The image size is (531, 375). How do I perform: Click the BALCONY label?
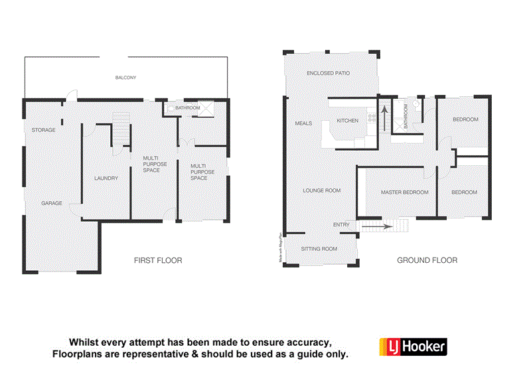pyautogui.click(x=125, y=78)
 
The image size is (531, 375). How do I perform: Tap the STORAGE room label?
pyautogui.click(x=43, y=130)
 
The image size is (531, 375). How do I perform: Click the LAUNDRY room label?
pyautogui.click(x=106, y=178)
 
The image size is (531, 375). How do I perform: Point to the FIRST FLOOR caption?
pyautogui.click(x=158, y=260)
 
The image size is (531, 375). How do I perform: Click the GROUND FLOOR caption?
pyautogui.click(x=427, y=260)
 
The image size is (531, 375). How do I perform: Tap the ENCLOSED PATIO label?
pyautogui.click(x=328, y=73)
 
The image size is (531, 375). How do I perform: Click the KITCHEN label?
pyautogui.click(x=347, y=121)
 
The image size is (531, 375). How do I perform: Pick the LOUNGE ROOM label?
pyautogui.click(x=321, y=190)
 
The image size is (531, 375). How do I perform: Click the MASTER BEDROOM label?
pyautogui.click(x=404, y=192)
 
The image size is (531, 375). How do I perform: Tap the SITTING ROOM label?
pyautogui.click(x=319, y=249)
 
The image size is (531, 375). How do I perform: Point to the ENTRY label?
pyautogui.click(x=341, y=225)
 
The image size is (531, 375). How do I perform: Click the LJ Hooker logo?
pyautogui.click(x=412, y=346)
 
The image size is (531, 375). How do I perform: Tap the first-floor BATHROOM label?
pyautogui.click(x=188, y=108)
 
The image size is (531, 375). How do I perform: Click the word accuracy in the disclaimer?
pyautogui.click(x=302, y=342)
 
